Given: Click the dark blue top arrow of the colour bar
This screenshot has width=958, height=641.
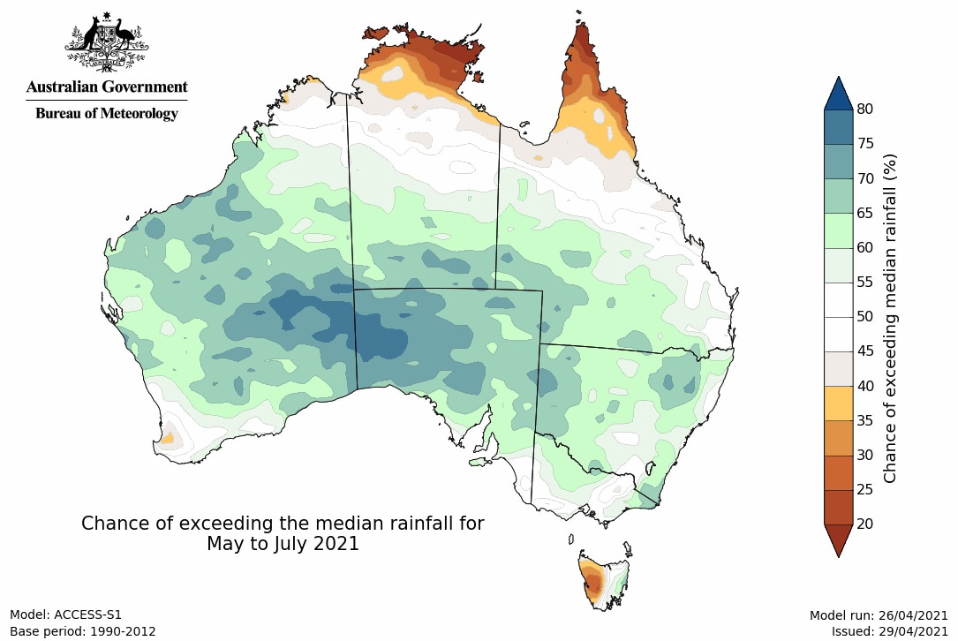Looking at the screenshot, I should point(838,94).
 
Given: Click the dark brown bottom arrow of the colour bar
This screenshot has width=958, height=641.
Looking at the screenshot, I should point(838,539).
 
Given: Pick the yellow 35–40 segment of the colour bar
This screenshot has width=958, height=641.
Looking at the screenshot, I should point(838,403).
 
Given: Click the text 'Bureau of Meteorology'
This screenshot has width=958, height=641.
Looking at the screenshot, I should point(107,114).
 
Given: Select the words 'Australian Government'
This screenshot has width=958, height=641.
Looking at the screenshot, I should point(107,87).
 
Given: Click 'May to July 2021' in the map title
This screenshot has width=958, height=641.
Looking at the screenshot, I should point(283,544).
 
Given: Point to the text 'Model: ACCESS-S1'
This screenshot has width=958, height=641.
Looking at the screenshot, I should point(65,615).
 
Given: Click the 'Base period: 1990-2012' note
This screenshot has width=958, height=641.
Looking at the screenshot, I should point(82,631).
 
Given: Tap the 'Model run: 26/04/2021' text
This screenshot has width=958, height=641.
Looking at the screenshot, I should point(879,615).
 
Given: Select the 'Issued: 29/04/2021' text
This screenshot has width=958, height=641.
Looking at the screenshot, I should point(889,631).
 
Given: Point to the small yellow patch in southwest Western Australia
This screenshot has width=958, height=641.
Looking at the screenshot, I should point(166,437).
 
